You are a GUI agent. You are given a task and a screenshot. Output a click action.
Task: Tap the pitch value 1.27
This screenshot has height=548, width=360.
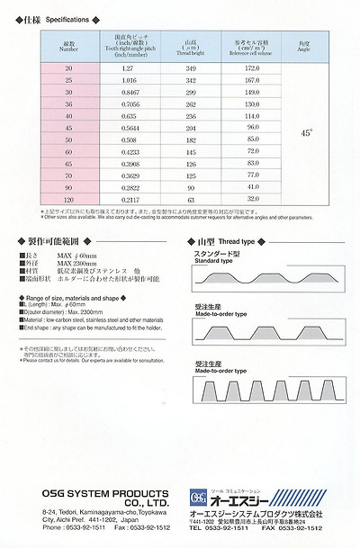tap(127, 68)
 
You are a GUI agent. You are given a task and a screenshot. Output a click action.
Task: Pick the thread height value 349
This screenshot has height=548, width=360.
tap(190, 68)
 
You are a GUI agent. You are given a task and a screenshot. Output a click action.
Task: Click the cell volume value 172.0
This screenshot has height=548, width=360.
tap(252, 68)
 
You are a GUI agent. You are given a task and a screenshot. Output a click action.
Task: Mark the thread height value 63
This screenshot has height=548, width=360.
tap(190, 198)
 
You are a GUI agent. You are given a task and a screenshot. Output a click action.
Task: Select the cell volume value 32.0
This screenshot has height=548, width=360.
tap(252, 198)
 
